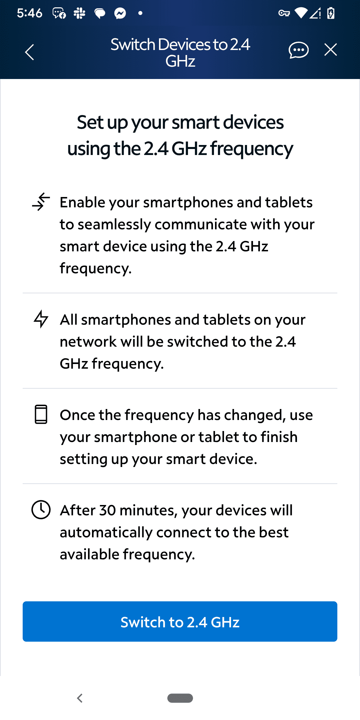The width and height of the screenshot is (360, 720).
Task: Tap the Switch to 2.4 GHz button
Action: tap(180, 621)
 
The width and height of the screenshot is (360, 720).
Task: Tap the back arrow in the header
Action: tap(30, 52)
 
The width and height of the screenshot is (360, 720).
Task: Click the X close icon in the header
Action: tap(330, 50)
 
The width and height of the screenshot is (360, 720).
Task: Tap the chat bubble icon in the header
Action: tap(298, 50)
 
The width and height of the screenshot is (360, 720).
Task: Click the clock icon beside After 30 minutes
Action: tap(41, 510)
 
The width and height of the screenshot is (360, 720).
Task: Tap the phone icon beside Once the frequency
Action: tap(41, 414)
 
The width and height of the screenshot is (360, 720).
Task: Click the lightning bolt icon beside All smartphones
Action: tap(41, 319)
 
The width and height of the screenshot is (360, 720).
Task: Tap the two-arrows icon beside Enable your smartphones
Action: tap(41, 202)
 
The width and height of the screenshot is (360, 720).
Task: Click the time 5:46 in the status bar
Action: tap(30, 13)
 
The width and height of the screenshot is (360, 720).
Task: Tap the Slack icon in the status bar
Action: tap(80, 13)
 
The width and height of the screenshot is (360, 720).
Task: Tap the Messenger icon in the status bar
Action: tap(120, 13)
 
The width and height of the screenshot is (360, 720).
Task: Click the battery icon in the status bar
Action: tap(331, 13)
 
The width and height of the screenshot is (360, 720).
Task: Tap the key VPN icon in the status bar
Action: tap(284, 13)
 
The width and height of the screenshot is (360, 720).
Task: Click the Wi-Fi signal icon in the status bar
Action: tap(301, 13)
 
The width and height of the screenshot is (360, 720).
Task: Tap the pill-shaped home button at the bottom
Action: tap(180, 698)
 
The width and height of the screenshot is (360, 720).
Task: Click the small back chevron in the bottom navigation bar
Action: tap(80, 698)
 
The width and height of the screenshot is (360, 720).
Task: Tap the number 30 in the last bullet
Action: tap(107, 510)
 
